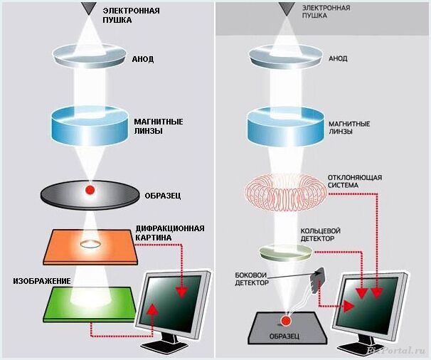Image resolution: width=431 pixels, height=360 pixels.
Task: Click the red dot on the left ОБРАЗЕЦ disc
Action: click(x=90, y=190)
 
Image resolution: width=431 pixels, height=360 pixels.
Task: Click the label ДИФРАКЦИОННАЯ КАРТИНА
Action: click(x=170, y=233)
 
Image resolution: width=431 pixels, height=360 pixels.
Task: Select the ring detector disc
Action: click(x=284, y=250)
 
